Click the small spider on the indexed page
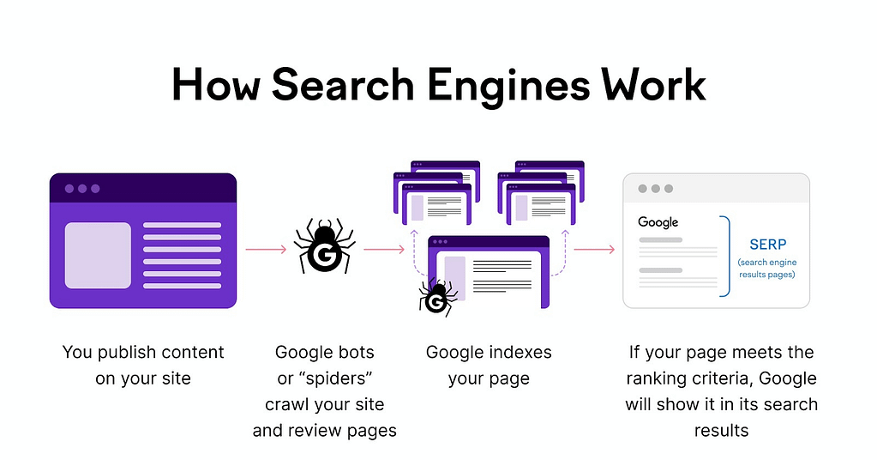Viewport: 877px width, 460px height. (436, 296)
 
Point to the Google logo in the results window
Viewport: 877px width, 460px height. (658, 222)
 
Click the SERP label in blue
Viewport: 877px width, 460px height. (767, 245)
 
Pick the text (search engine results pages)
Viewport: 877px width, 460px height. (766, 268)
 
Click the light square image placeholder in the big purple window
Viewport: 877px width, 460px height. (98, 255)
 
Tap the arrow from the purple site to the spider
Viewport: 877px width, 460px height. (265, 250)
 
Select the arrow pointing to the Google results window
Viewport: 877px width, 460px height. (594, 250)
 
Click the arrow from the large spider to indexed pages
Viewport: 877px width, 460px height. (383, 250)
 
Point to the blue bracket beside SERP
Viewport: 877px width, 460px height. (726, 256)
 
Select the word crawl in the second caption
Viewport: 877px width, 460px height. (286, 403)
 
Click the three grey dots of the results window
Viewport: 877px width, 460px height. (655, 188)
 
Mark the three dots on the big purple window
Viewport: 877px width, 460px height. (82, 189)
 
